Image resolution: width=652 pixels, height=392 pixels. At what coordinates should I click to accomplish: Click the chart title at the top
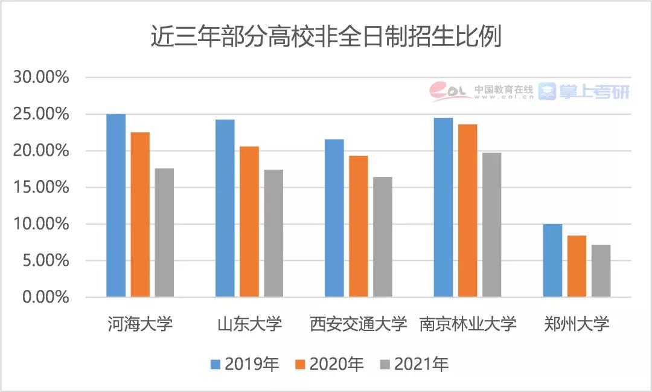point(325,37)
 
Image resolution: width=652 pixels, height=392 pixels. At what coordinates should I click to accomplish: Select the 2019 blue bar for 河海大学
point(116,205)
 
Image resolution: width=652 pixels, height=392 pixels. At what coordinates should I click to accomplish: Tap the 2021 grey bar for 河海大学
point(164,233)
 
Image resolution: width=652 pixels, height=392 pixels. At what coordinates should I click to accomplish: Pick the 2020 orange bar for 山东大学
point(249,222)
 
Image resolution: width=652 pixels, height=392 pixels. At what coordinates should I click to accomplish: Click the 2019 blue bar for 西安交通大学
point(334,218)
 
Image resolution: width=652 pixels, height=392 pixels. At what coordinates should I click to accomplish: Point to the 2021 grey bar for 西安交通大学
point(383,237)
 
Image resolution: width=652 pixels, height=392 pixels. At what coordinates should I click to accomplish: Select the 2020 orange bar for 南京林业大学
point(468,211)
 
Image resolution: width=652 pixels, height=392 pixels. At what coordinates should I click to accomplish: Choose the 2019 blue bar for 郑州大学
point(552,260)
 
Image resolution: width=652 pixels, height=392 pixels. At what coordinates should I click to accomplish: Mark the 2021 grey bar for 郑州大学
point(601,271)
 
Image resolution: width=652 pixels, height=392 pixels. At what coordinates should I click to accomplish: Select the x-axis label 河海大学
point(140,324)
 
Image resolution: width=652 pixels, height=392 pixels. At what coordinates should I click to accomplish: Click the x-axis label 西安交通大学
point(358,324)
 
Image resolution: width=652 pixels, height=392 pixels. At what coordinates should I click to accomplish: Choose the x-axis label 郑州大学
point(577,324)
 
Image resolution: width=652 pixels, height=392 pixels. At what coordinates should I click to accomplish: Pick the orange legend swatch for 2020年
point(301,364)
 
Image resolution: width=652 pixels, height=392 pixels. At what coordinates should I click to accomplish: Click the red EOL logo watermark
point(450,91)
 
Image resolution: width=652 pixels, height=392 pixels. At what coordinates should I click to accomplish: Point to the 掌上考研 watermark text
point(593,91)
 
